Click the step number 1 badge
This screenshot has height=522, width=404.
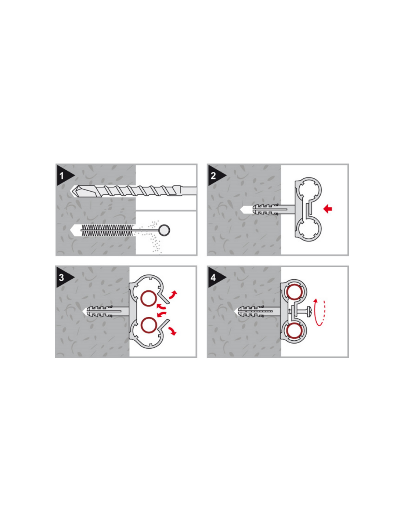[x=63, y=175]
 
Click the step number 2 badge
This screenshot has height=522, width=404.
[x=214, y=175]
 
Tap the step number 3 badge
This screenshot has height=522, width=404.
[x=63, y=278]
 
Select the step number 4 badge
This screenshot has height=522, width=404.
[x=214, y=278]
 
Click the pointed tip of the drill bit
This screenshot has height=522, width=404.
[x=71, y=191]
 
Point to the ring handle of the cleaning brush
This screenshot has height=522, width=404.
[x=165, y=230]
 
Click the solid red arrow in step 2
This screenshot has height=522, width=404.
[x=328, y=209]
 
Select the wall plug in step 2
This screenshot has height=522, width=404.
[x=266, y=209]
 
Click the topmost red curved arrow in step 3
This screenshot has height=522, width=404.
[x=173, y=295]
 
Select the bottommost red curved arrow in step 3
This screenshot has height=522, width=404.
[x=173, y=331]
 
